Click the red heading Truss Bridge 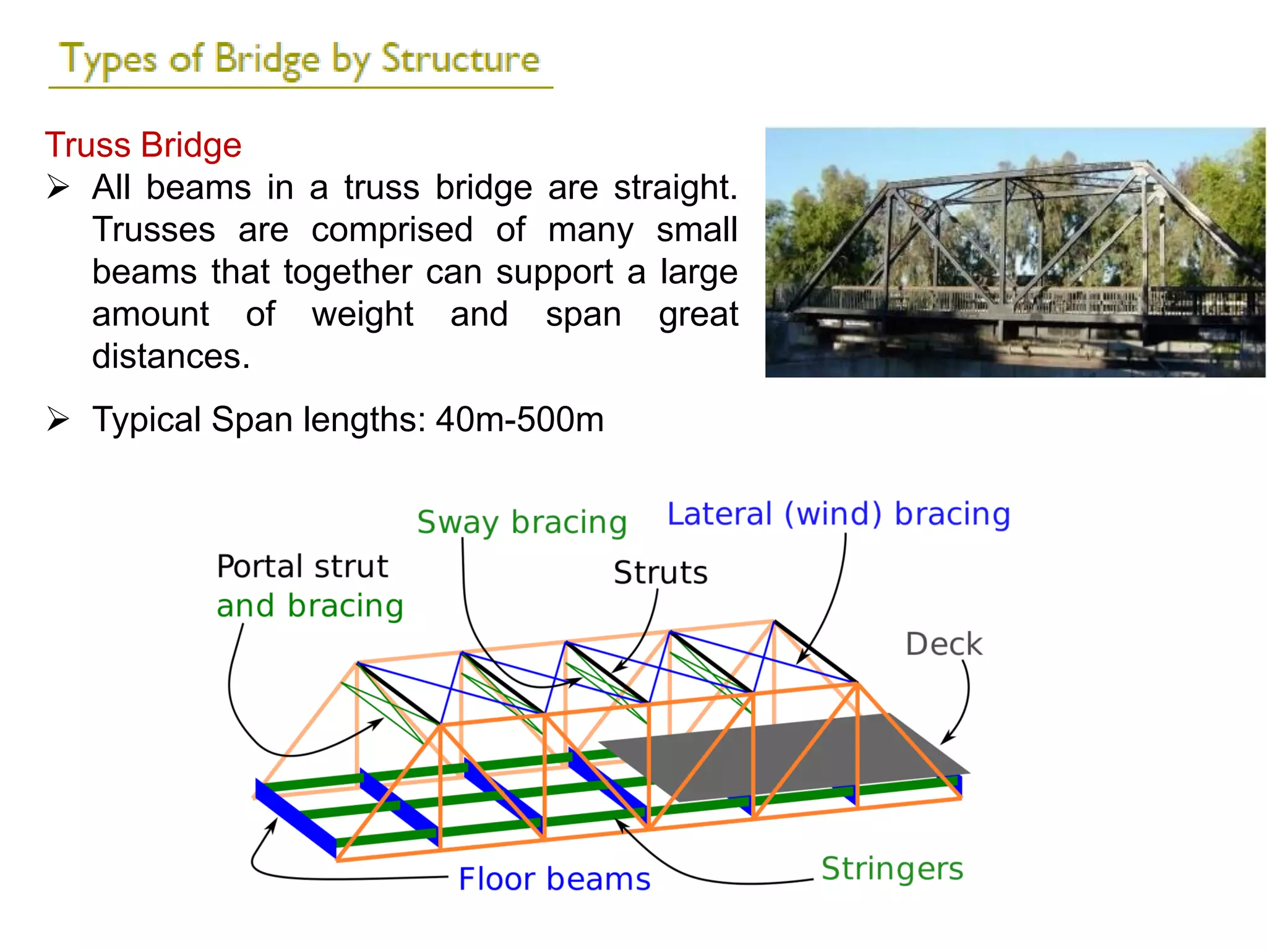(x=143, y=145)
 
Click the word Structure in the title (x=460, y=60)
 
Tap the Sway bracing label (x=522, y=523)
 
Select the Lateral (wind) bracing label (x=838, y=515)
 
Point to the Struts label (x=660, y=572)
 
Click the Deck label (x=943, y=644)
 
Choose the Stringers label (x=892, y=868)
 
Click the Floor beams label (x=554, y=879)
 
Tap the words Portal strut (x=302, y=567)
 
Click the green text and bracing (x=309, y=606)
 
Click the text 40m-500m (x=520, y=420)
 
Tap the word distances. (x=171, y=357)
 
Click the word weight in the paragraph (x=363, y=315)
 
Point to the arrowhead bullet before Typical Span (x=58, y=419)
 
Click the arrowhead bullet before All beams (x=58, y=187)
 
